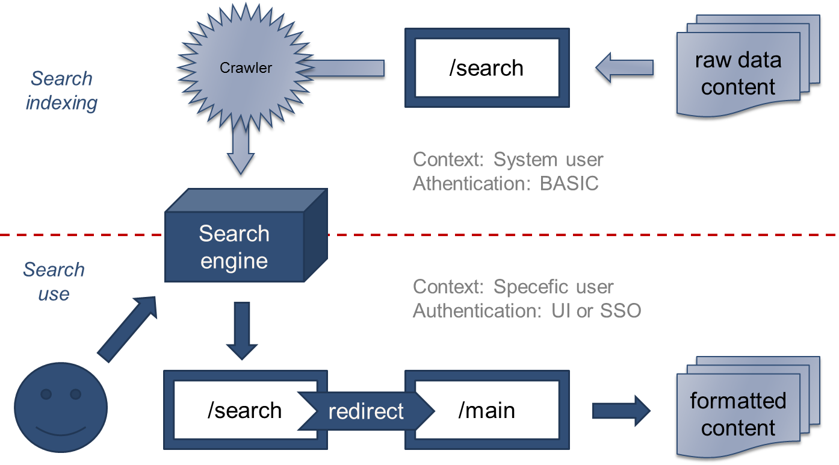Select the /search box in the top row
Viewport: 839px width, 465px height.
[x=487, y=67]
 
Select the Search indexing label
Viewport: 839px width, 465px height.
[x=61, y=90]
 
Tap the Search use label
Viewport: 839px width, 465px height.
[x=54, y=281]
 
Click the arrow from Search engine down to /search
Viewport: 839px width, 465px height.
[x=242, y=331]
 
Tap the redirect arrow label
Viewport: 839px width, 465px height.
[x=366, y=411]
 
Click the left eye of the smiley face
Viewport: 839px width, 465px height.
[x=46, y=394]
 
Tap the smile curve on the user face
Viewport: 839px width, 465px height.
[x=60, y=431]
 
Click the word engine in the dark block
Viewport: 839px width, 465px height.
[x=234, y=261]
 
